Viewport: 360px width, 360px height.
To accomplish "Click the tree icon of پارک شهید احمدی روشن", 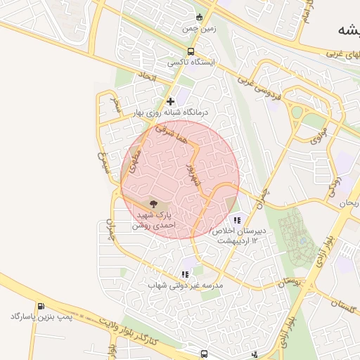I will click(x=154, y=202).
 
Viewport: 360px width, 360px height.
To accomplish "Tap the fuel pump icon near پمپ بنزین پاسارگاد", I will click(x=41, y=307).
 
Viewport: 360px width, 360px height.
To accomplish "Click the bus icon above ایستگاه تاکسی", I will click(x=191, y=51).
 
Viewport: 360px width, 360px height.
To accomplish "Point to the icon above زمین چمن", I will click(x=200, y=18).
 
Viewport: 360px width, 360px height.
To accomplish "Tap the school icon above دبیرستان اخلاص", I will click(x=236, y=219).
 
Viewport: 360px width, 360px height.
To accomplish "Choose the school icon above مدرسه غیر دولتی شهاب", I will click(x=185, y=274).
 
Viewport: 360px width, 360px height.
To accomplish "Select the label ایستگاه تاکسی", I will click(x=191, y=63).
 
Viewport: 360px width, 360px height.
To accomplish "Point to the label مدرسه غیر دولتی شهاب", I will click(x=185, y=285).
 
